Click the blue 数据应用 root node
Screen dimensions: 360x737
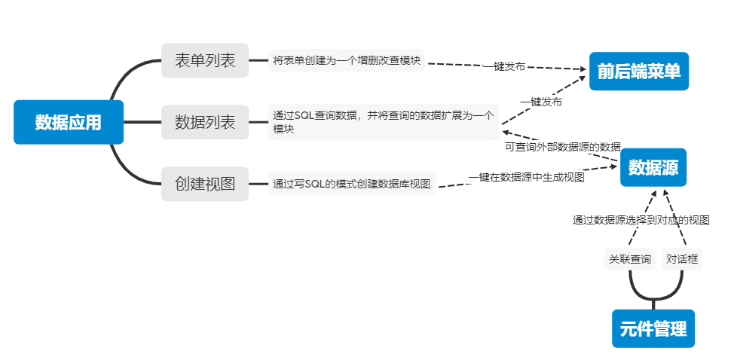point(68,122)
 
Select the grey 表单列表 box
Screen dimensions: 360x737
point(205,61)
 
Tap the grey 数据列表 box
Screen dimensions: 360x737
point(205,122)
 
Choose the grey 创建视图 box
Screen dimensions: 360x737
point(205,183)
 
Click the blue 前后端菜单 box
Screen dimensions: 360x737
point(639,72)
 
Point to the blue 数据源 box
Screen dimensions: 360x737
point(653,167)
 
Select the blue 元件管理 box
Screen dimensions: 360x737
point(653,328)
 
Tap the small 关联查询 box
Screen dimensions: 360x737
point(630,259)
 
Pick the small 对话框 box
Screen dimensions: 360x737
point(682,259)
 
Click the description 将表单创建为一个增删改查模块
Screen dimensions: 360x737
point(347,60)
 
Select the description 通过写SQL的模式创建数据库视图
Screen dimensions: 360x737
point(352,184)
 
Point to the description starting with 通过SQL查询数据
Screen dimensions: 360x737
point(384,122)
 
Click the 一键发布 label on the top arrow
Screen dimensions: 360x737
point(504,66)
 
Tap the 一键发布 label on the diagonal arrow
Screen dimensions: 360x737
point(541,101)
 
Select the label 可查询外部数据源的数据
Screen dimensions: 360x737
point(562,146)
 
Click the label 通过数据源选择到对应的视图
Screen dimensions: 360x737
point(641,221)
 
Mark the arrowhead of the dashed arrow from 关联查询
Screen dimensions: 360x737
point(654,193)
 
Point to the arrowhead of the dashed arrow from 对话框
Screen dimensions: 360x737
point(666,193)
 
